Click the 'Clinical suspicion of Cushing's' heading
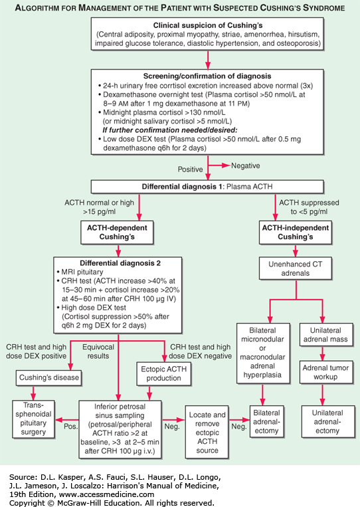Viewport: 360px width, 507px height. pos(208,25)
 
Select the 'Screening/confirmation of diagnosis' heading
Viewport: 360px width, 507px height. pos(207,76)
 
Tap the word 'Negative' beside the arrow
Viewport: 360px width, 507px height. pos(246,166)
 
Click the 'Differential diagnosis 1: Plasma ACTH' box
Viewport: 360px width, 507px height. pos(207,187)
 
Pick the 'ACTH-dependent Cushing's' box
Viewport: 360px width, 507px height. pos(117,233)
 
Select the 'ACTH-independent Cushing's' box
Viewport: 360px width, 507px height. pos(296,233)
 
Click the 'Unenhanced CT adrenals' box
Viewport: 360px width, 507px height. pos(296,268)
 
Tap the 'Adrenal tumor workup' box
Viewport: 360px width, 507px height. pos(325,372)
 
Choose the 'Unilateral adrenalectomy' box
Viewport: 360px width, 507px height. pos(327,422)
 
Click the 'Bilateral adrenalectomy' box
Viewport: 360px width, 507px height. pos(266,422)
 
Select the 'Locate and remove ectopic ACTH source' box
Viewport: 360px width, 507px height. pos(207,433)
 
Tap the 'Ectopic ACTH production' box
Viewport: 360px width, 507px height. pos(163,374)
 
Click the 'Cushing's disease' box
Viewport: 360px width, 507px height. pos(48,377)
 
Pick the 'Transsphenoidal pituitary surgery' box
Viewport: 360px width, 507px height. pos(33,419)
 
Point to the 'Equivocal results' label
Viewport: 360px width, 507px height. pos(98,352)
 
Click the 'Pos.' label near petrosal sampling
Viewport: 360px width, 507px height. pos(71,427)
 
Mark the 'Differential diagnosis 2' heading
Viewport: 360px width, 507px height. pos(120,263)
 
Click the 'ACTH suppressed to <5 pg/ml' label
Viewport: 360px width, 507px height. pos(309,207)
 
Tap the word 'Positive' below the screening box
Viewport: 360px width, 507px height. pos(191,169)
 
